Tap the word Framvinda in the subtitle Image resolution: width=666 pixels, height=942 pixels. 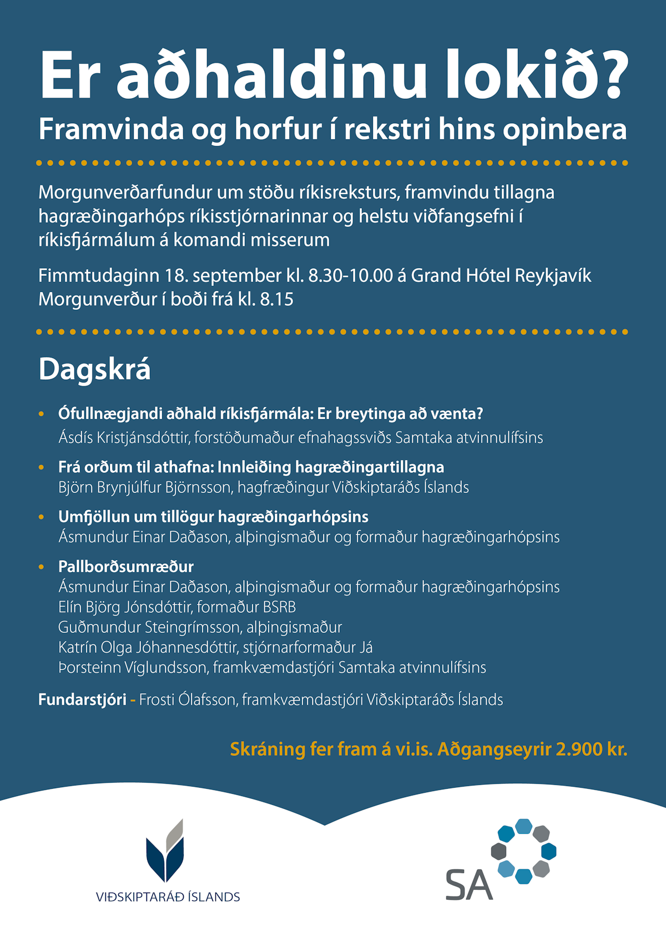click(x=111, y=130)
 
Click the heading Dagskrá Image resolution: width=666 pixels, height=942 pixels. click(x=94, y=369)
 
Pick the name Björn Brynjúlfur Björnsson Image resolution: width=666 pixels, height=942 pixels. click(x=145, y=487)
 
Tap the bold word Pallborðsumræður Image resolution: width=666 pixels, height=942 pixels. click(x=126, y=567)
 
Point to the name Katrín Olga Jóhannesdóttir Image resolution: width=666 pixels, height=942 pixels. click(x=147, y=647)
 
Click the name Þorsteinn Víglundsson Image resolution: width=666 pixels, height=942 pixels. click(x=132, y=667)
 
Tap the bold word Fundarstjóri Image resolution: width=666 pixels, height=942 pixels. click(x=82, y=699)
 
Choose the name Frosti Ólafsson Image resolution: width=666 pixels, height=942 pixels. click(x=188, y=699)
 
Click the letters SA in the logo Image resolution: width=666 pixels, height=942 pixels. click(x=469, y=885)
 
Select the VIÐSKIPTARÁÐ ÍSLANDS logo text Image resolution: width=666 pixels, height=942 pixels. click(x=168, y=897)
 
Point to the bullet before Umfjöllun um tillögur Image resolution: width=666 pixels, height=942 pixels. click(x=42, y=517)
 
